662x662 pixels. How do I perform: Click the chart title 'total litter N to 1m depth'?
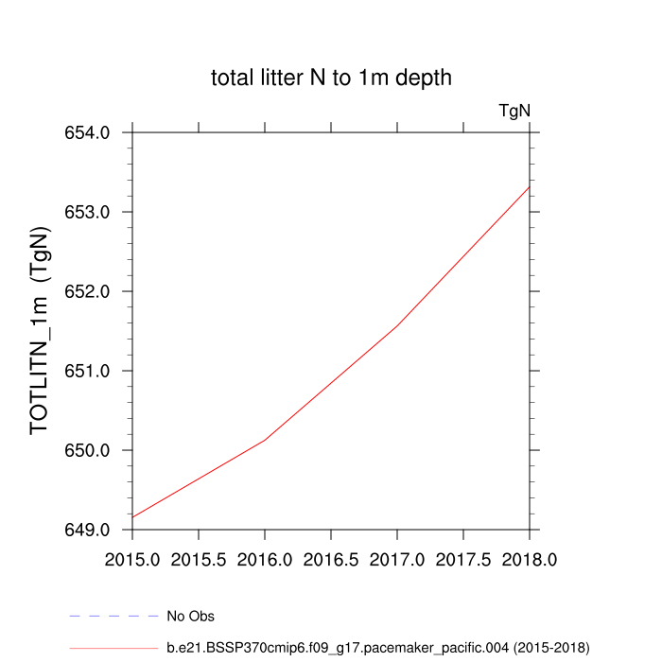coord(331,78)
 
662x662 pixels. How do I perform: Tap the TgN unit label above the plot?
coord(514,111)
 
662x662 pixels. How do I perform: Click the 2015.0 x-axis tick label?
coord(132,560)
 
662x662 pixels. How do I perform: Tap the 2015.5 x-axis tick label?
coord(199,560)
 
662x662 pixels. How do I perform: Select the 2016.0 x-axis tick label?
coord(265,560)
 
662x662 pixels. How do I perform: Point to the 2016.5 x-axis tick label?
coord(331,560)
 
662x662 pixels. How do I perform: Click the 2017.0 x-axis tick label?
coord(397,560)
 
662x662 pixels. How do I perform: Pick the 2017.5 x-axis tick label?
coord(463,560)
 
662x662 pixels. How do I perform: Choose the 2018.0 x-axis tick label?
coord(530,560)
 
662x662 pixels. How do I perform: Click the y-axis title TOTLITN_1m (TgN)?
coord(40,331)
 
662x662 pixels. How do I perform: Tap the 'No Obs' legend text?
coord(191,617)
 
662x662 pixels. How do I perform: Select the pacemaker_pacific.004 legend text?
coord(378,648)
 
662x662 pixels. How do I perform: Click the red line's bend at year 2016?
coord(265,440)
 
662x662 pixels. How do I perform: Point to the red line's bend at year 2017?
coord(397,324)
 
